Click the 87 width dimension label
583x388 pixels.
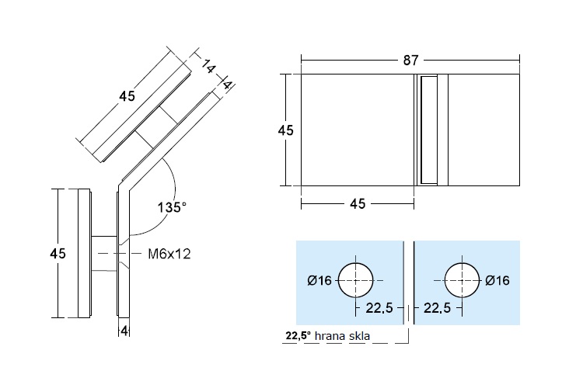[x=410, y=61]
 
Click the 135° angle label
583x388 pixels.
[x=172, y=207]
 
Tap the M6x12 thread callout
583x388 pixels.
[x=169, y=254]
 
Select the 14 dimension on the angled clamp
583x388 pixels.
[x=208, y=67]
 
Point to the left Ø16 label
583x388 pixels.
[x=319, y=280]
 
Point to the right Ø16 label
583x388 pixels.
[x=497, y=280]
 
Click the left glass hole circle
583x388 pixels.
[x=356, y=280]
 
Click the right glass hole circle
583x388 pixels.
[x=463, y=280]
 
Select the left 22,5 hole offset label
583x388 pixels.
[x=379, y=308]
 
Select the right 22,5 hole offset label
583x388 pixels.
[x=437, y=308]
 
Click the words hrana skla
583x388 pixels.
[x=342, y=336]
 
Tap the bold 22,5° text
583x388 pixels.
[x=298, y=336]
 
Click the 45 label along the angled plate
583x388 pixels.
[x=127, y=96]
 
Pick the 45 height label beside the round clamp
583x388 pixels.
[x=58, y=254]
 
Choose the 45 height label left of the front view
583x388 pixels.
[x=285, y=130]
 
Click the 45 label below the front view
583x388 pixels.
[x=358, y=203]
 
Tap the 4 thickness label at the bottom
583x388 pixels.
[x=124, y=330]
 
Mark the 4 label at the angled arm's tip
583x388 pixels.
[x=227, y=85]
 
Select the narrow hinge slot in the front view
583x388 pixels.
[x=428, y=130]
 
